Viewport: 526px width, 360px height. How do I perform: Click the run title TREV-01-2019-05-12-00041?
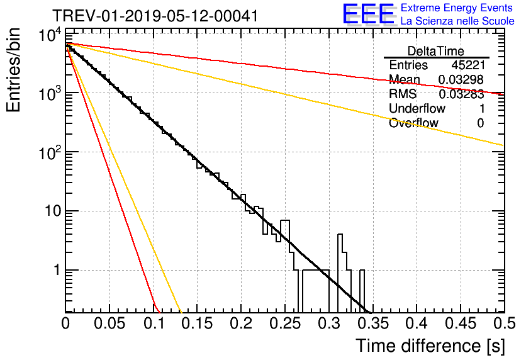[x=155, y=16]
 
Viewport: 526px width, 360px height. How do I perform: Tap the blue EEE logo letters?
[x=369, y=14]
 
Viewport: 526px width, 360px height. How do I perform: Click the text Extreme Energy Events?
[x=457, y=8]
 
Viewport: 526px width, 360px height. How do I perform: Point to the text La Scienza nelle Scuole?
[x=457, y=21]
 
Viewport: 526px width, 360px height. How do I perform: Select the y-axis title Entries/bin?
[x=13, y=70]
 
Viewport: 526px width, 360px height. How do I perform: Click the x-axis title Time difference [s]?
[x=430, y=346]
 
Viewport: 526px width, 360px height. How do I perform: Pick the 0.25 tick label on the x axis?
[x=285, y=323]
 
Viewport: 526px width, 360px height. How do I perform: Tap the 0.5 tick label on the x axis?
[x=504, y=323]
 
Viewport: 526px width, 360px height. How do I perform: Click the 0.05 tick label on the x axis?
[x=109, y=323]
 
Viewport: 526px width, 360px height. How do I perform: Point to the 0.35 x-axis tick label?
[x=372, y=323]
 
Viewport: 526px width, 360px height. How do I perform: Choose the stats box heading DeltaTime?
[x=435, y=51]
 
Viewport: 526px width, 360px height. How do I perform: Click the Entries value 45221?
[x=468, y=65]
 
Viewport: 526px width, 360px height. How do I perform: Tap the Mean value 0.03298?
[x=461, y=79]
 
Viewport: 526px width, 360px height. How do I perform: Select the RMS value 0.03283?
[x=461, y=94]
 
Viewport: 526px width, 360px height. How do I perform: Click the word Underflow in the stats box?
[x=417, y=108]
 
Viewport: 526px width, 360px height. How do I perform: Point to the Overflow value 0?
[x=480, y=123]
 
